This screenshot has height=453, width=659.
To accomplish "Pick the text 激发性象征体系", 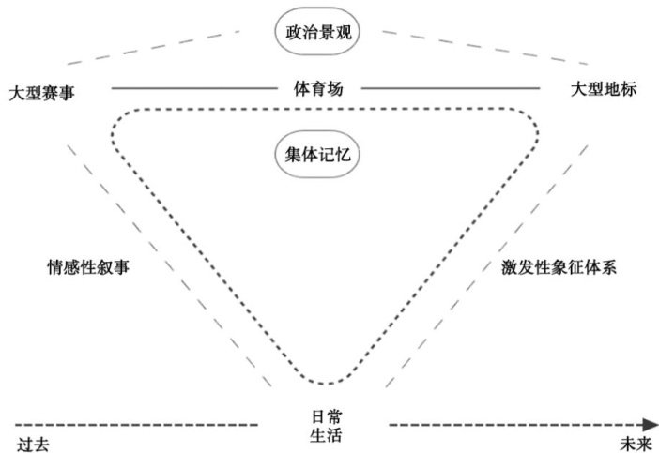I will point(559,266).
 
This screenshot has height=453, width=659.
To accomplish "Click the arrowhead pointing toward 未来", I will point(651,425).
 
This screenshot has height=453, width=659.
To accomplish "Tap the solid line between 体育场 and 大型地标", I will point(451,89).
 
